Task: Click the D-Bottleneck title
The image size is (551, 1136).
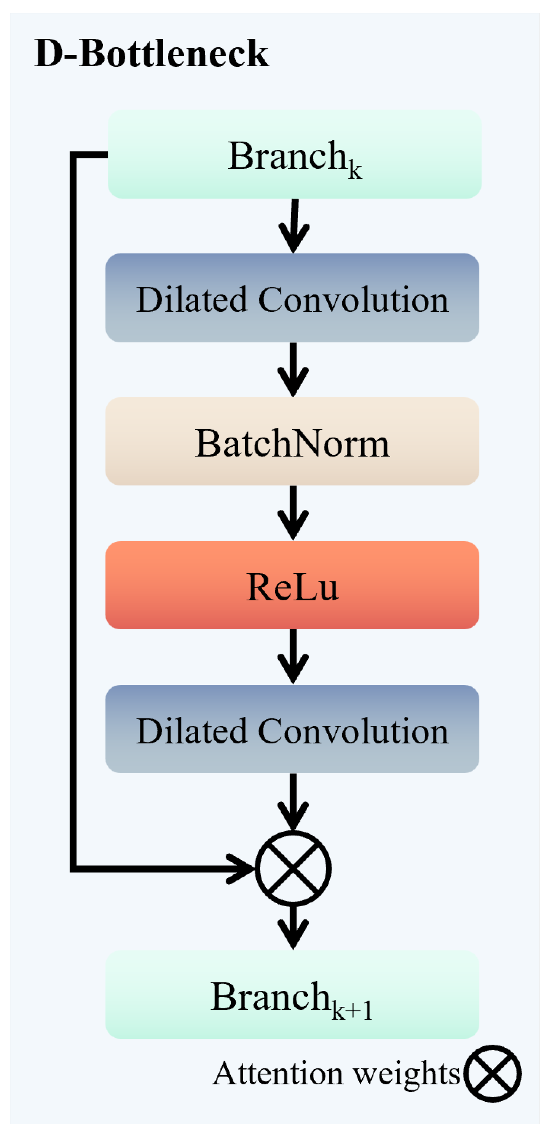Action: coord(151,53)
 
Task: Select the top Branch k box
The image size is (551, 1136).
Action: coord(294,154)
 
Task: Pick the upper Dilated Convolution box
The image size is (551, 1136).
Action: coord(292,298)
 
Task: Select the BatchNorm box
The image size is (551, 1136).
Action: coord(292,441)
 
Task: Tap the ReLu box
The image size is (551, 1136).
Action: coord(292,585)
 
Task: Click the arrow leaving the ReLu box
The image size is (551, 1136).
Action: coord(293,657)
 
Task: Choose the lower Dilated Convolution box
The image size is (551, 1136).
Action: coord(292,729)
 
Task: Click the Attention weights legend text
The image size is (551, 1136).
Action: coord(336,1073)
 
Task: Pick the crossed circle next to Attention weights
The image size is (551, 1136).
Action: coord(492,1073)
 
